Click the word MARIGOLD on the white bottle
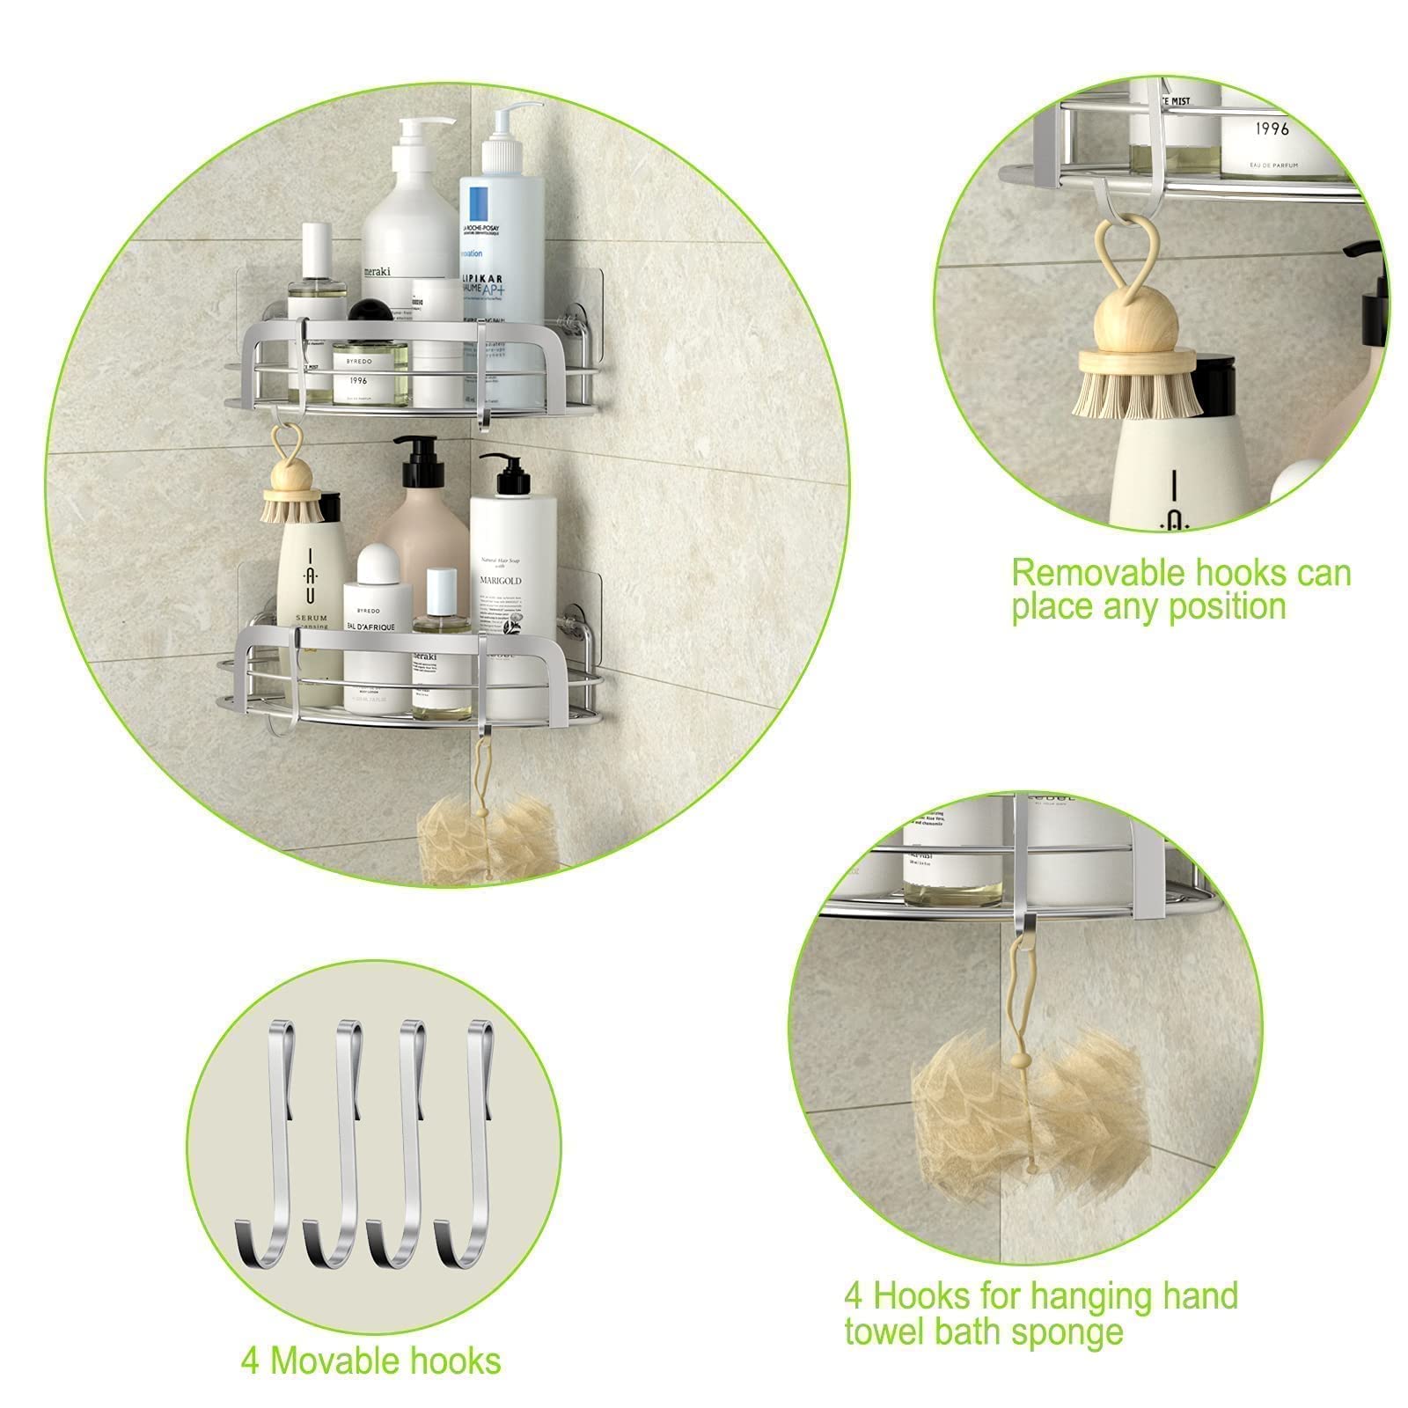coord(501,581)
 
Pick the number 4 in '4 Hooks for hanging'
coord(853,1295)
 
